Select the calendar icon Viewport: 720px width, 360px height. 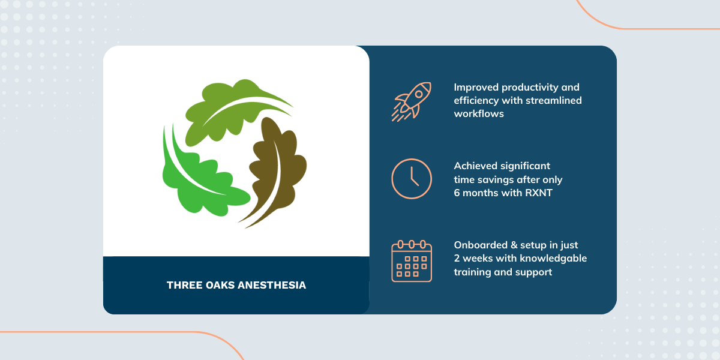coord(412,261)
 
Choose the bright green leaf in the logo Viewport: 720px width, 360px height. coord(199,180)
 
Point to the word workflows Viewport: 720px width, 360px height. coord(479,114)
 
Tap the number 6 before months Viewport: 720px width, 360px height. coord(457,193)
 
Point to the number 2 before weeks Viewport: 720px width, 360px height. coord(457,259)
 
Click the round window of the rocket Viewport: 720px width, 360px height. coord(419,94)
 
